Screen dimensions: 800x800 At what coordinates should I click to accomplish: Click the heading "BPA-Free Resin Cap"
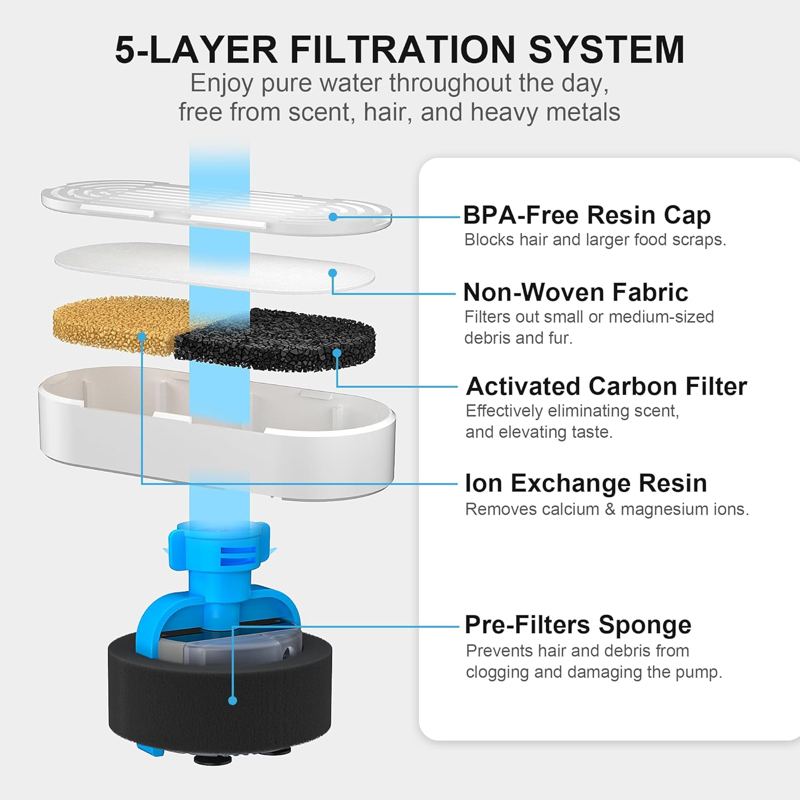pos(587,215)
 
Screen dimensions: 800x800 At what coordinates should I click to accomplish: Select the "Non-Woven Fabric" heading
pos(575,292)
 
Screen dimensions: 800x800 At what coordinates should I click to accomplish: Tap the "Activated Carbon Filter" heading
pos(606,386)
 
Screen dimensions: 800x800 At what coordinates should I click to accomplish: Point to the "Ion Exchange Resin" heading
pos(586,484)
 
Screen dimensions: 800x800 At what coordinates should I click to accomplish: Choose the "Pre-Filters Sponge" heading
pos(578,625)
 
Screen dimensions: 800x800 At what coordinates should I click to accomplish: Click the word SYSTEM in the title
pos(606,50)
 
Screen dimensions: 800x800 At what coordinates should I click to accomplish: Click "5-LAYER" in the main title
pos(196,50)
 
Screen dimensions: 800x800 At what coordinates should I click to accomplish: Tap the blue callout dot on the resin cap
pos(333,217)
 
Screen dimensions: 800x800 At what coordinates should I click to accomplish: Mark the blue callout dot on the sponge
pos(233,701)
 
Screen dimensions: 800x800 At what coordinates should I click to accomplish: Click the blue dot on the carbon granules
pos(337,353)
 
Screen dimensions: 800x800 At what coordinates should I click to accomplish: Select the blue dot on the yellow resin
pos(141,336)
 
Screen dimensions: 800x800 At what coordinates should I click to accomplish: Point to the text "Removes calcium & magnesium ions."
pos(607,509)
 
